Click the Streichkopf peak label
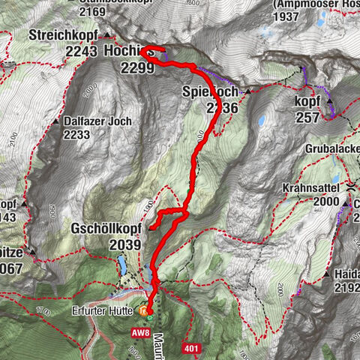click(64, 35)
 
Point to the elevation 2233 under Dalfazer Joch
click(76, 135)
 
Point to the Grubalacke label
click(331, 149)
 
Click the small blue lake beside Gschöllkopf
click(121, 265)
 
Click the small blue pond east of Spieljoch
click(261, 120)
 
